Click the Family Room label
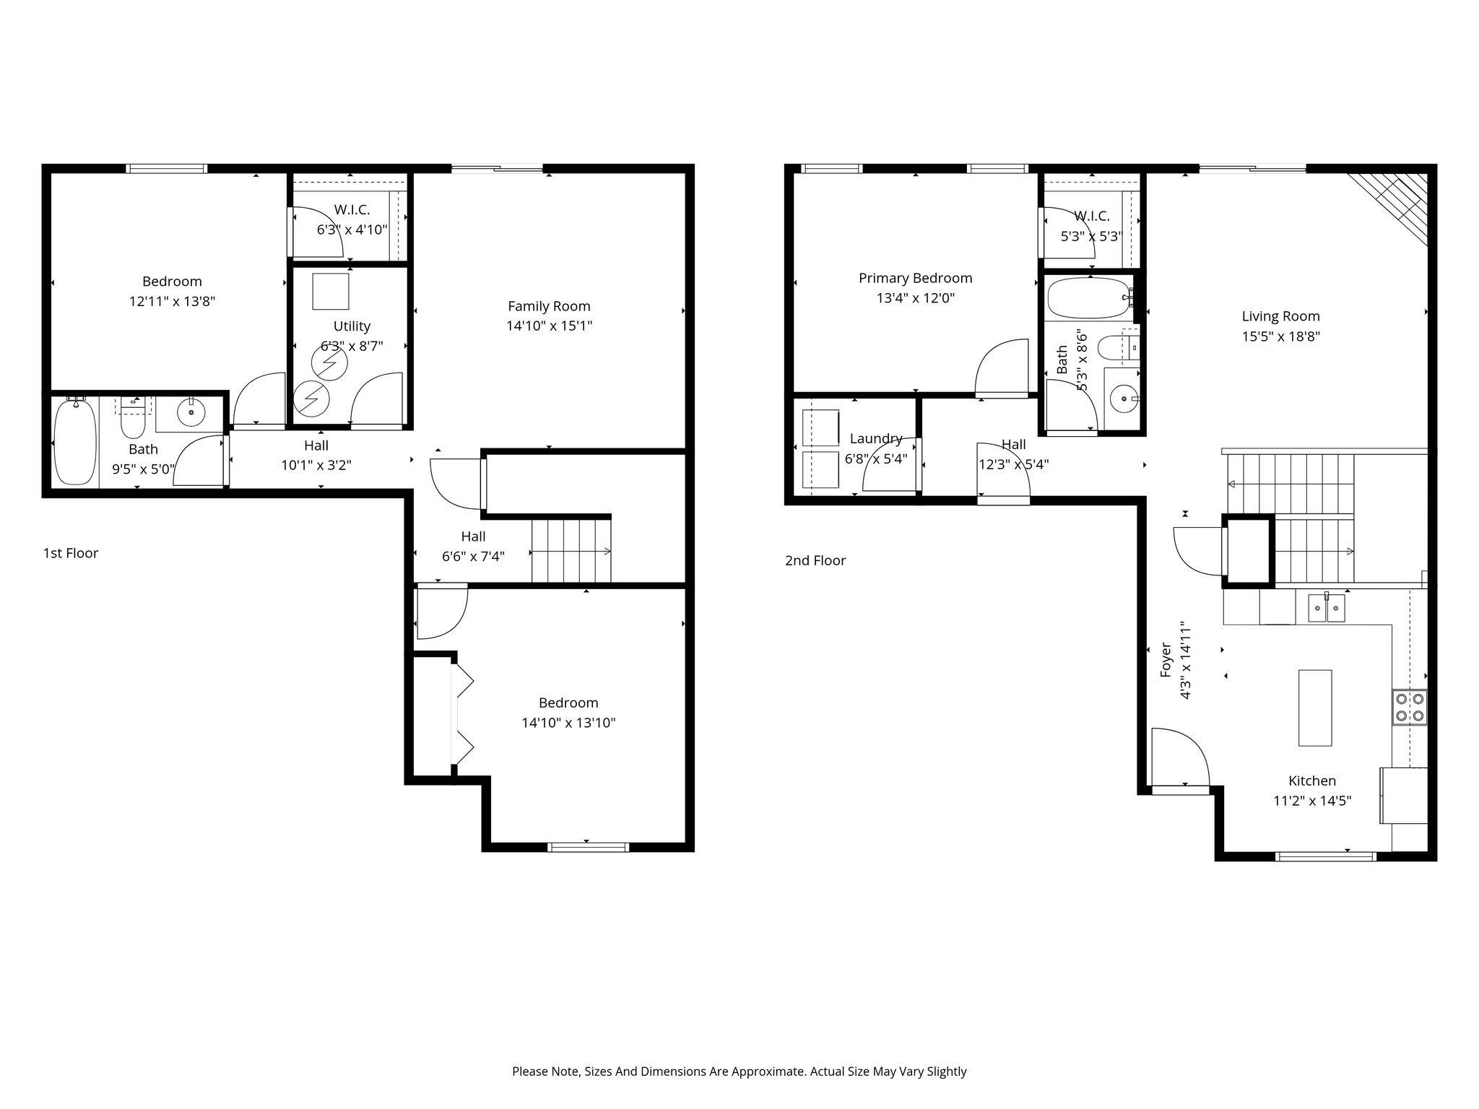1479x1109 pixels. point(549,306)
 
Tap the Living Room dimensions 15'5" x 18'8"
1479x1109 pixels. point(1280,336)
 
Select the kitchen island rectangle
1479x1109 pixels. point(1315,708)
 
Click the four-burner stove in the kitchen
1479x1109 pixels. point(1410,707)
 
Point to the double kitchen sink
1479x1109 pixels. point(1327,607)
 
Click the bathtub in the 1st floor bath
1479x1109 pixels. point(75,441)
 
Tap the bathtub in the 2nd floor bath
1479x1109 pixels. point(1088,298)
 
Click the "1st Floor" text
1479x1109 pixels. point(71,553)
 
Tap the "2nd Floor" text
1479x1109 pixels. point(815,560)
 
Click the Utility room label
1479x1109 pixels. point(352,326)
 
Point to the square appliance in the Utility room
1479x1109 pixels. point(331,291)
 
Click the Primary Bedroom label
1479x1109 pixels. point(915,278)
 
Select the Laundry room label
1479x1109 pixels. point(876,438)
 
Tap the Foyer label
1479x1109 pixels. point(1166,659)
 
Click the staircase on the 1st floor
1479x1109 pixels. point(571,551)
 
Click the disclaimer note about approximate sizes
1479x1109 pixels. point(739,1071)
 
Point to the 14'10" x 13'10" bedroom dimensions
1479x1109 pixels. point(568,723)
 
